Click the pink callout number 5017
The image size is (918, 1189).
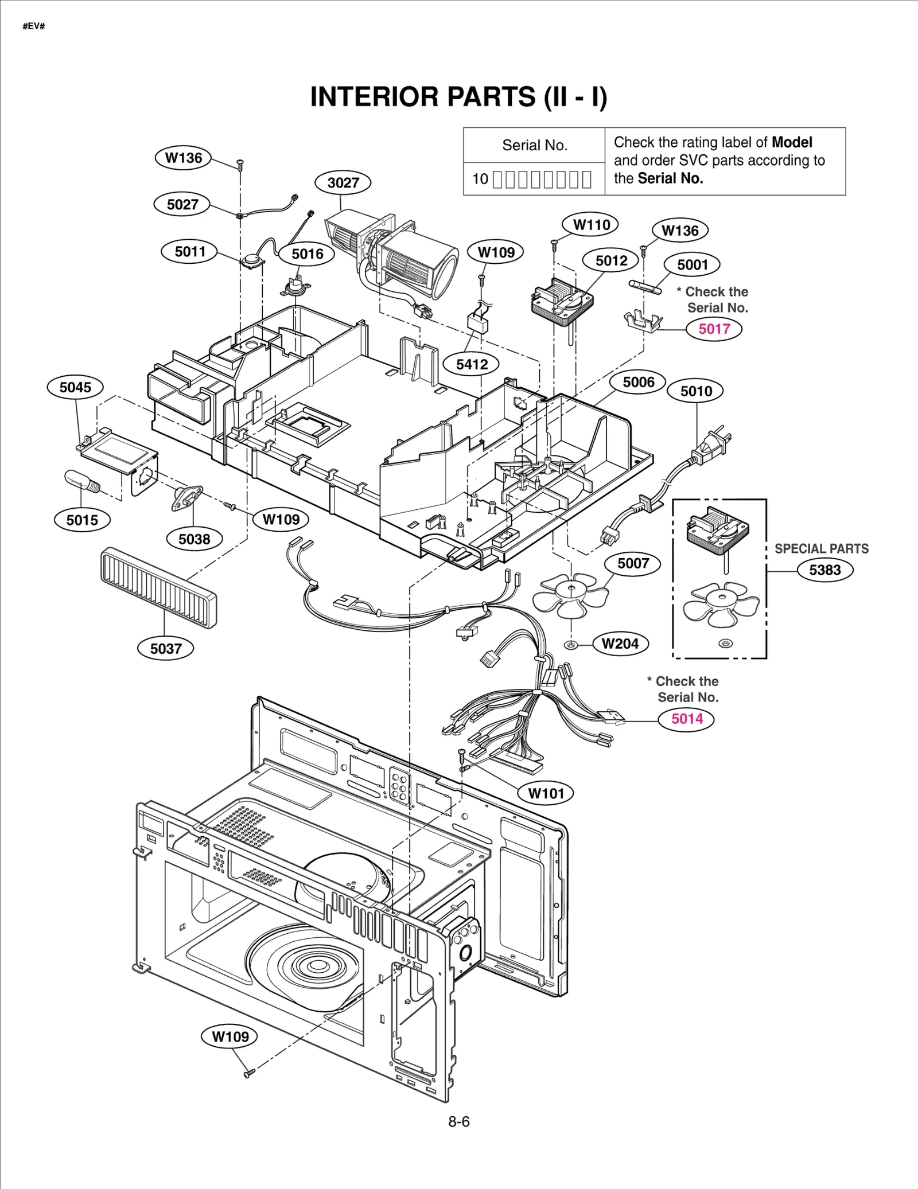click(714, 329)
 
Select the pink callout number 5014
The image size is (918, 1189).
click(687, 719)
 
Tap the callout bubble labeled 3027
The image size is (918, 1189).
click(343, 182)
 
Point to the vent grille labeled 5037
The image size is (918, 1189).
click(158, 587)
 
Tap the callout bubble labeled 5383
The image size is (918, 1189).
click(824, 570)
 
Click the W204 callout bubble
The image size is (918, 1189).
click(620, 644)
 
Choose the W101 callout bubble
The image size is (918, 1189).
click(546, 793)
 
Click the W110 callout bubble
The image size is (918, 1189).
click(592, 225)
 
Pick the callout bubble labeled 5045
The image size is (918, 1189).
click(75, 387)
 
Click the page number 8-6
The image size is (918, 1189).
click(458, 1122)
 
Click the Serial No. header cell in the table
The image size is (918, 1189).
click(534, 145)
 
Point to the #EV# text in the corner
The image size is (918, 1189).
click(34, 26)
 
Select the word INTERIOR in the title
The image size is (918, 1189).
click(374, 97)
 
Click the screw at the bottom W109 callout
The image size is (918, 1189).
click(249, 1072)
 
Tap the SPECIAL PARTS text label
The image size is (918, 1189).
click(821, 548)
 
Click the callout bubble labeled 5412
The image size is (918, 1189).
click(472, 364)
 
